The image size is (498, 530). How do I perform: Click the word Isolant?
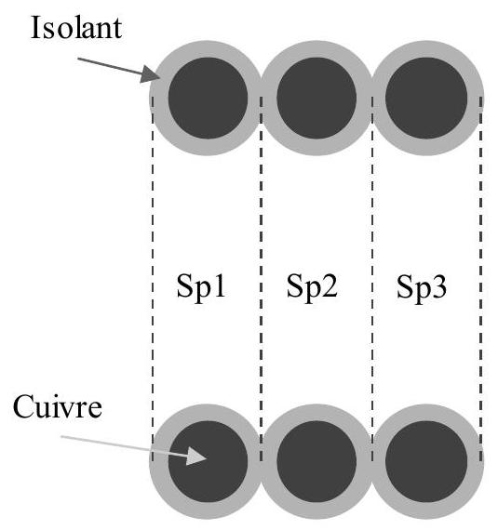click(76, 28)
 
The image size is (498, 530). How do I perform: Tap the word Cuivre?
click(58, 407)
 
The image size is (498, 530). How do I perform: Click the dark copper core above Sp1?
click(209, 98)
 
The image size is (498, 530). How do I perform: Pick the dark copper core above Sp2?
click(316, 98)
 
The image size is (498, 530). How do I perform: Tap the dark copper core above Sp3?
click(426, 98)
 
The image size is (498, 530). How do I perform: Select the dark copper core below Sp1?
click(209, 461)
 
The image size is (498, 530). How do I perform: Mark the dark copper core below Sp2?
click(316, 461)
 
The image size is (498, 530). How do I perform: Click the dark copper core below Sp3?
click(426, 461)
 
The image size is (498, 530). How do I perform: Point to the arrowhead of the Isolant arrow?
click(160, 78)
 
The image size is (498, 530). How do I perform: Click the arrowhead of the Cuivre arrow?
click(207, 458)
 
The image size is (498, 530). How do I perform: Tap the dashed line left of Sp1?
click(153, 279)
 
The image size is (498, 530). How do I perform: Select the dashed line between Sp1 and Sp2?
click(261, 279)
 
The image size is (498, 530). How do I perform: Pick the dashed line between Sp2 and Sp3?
click(372, 279)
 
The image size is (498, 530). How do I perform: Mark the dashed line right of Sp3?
click(480, 279)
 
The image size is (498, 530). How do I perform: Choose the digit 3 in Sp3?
click(439, 286)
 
